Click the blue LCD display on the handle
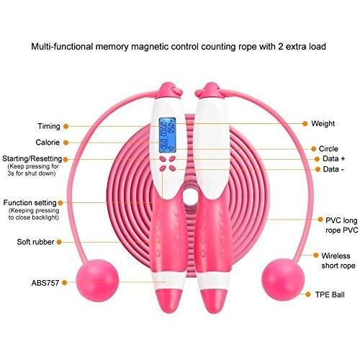point(167,135)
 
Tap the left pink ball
point(97,280)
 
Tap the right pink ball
point(283,280)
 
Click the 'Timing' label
point(49,126)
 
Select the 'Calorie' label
point(48,143)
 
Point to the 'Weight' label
point(323,124)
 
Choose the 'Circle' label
point(328,149)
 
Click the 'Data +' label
point(334,158)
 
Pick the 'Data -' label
point(333,169)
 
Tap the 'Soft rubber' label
point(35,242)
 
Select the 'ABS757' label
point(45,283)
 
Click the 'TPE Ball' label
point(330,294)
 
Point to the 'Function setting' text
point(30,203)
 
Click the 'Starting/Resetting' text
point(32,159)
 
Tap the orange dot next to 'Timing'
point(66,126)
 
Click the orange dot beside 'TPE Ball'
point(308,294)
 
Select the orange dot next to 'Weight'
point(305,124)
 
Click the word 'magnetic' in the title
point(150,47)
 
